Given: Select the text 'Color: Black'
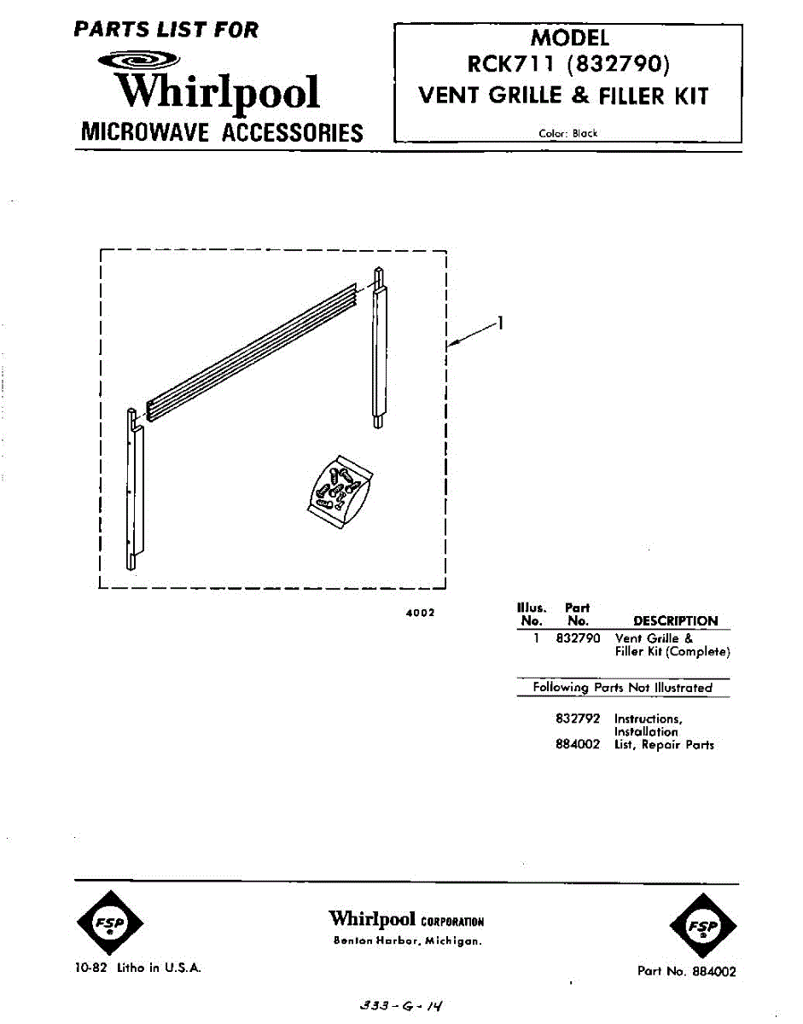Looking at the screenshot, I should [x=568, y=133].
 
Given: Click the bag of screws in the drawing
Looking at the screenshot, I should [x=340, y=486].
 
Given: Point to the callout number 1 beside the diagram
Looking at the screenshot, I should [x=501, y=323].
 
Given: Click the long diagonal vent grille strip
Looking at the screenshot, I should [x=252, y=351].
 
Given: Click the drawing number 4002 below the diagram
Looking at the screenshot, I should [x=421, y=612].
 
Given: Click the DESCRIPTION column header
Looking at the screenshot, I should [x=675, y=621].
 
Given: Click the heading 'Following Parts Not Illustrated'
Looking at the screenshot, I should [x=622, y=687].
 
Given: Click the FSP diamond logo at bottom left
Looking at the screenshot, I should [x=110, y=924].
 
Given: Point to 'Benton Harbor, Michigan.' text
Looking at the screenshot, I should [x=407, y=942].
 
